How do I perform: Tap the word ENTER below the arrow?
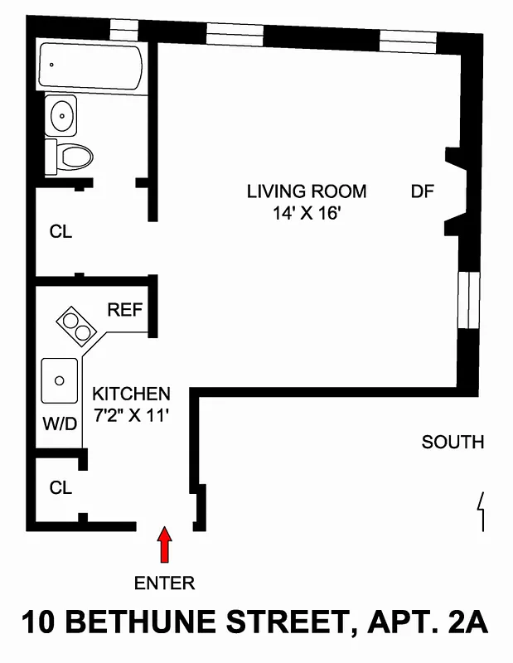(x=164, y=583)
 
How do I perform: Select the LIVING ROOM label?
(x=306, y=191)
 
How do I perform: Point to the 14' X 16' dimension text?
(x=307, y=213)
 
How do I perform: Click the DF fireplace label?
(x=423, y=191)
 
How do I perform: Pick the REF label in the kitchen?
(x=125, y=311)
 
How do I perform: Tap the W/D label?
(x=60, y=424)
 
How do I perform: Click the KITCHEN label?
(x=131, y=394)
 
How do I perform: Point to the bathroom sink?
(x=61, y=115)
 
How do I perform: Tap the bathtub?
(x=91, y=66)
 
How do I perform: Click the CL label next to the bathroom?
(x=60, y=232)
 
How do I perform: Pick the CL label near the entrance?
(x=60, y=488)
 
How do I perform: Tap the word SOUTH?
(x=453, y=442)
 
